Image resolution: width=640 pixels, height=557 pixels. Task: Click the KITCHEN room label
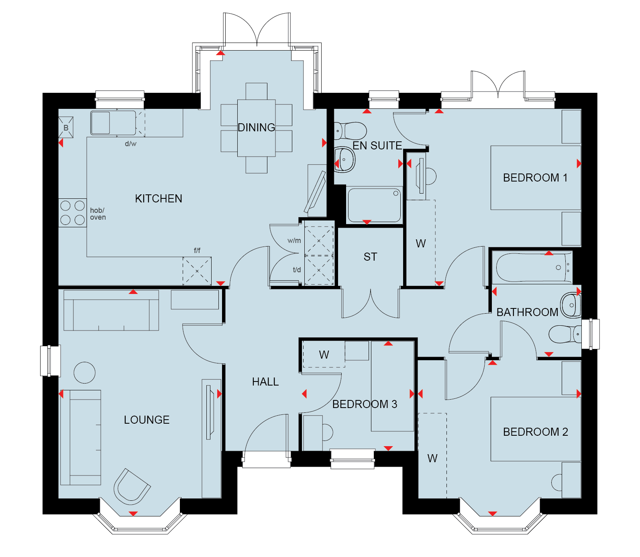pos(158,198)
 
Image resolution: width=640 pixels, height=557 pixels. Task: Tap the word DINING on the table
pos(256,127)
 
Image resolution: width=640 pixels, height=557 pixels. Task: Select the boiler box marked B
pos(66,128)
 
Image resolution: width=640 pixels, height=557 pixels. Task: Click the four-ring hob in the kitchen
pos(72,213)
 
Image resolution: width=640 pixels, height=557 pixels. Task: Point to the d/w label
pos(130,144)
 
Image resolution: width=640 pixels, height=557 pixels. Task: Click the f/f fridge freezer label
pos(197,251)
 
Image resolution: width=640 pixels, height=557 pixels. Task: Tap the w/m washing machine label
pos(294,241)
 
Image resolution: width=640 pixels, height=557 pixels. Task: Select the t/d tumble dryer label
pos(297,270)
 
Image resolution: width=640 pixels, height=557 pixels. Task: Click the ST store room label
pos(370,257)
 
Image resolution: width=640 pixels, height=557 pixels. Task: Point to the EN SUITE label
pos(377,145)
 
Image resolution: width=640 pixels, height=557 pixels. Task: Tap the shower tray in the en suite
pos(374,205)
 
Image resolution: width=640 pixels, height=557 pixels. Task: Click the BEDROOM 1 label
pos(535,178)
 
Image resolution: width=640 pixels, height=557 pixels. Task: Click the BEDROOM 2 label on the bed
pos(535,432)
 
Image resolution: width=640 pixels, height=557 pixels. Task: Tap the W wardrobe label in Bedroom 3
pos(324,355)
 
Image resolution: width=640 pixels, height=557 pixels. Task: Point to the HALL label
pos(265,382)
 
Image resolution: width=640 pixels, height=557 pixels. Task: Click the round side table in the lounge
pos(85,373)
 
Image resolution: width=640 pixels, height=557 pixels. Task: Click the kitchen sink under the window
pos(113,123)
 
